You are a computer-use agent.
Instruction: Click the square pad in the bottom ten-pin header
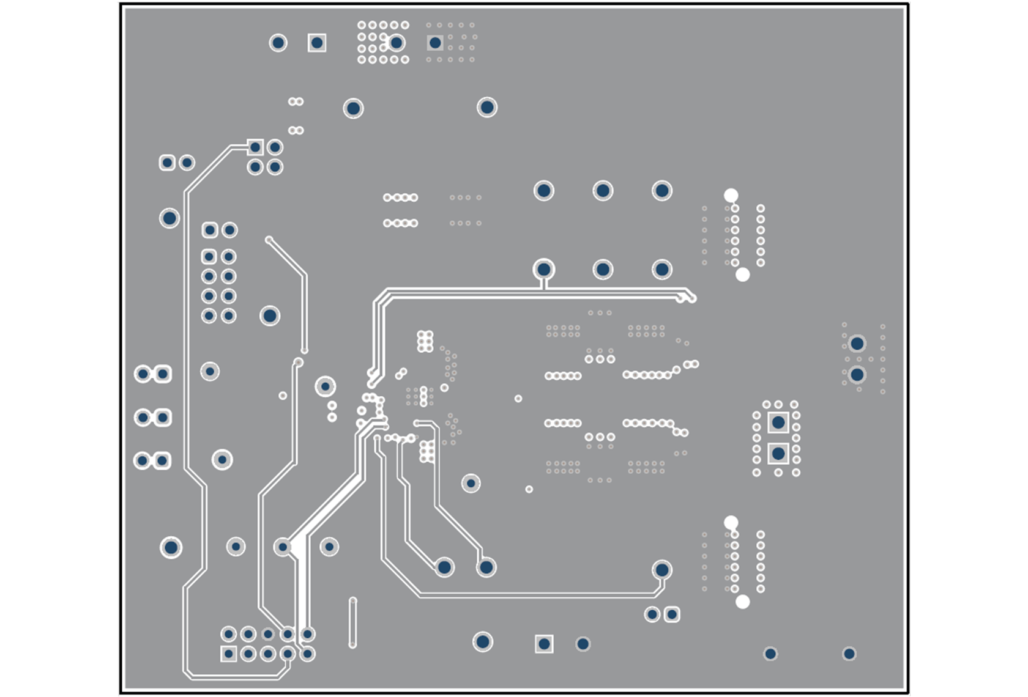[x=229, y=654]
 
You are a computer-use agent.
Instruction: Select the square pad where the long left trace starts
[x=255, y=147]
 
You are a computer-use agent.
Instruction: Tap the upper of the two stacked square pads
[x=778, y=422]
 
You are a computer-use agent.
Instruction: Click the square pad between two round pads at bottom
[x=544, y=644]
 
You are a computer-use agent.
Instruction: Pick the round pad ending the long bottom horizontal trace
[x=661, y=570]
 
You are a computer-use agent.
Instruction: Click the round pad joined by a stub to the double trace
[x=543, y=269]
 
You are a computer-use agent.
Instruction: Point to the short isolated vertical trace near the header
[x=352, y=622]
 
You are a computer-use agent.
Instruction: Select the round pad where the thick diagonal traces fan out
[x=282, y=547]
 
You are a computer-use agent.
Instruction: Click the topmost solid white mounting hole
[x=731, y=195]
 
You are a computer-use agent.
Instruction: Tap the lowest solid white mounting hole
[x=742, y=602]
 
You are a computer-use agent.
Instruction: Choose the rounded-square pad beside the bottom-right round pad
[x=672, y=614]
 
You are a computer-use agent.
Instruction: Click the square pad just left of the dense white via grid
[x=317, y=43]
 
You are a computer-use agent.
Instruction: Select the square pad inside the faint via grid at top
[x=435, y=43]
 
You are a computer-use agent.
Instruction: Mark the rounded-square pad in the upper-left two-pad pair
[x=167, y=163]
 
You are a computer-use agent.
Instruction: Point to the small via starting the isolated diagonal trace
[x=269, y=240]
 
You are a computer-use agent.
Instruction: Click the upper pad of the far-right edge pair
[x=857, y=344]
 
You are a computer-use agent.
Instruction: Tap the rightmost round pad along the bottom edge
[x=849, y=654]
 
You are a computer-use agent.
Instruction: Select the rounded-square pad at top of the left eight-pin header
[x=210, y=230]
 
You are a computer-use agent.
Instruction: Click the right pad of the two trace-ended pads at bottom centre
[x=486, y=567]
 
